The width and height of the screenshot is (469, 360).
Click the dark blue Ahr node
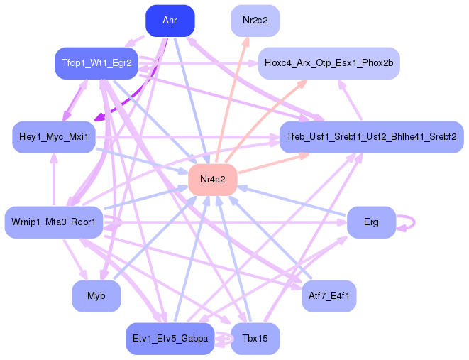click(170, 21)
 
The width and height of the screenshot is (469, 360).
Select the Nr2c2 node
click(255, 21)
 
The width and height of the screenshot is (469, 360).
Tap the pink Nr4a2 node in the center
click(212, 179)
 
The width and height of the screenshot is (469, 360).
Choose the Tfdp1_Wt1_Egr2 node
click(96, 63)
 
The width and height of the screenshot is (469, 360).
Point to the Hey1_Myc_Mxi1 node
click(54, 136)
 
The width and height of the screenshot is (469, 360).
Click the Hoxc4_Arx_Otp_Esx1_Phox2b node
click(329, 63)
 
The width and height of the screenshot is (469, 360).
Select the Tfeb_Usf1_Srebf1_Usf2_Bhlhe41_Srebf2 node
click(370, 136)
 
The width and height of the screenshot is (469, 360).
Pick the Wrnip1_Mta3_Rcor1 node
click(54, 222)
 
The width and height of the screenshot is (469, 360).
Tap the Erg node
click(371, 222)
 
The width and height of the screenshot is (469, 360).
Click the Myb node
click(96, 295)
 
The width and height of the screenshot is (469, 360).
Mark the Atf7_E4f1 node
click(328, 295)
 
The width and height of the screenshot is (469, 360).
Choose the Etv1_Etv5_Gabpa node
click(170, 339)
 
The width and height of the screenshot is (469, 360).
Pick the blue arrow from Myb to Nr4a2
click(153, 239)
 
